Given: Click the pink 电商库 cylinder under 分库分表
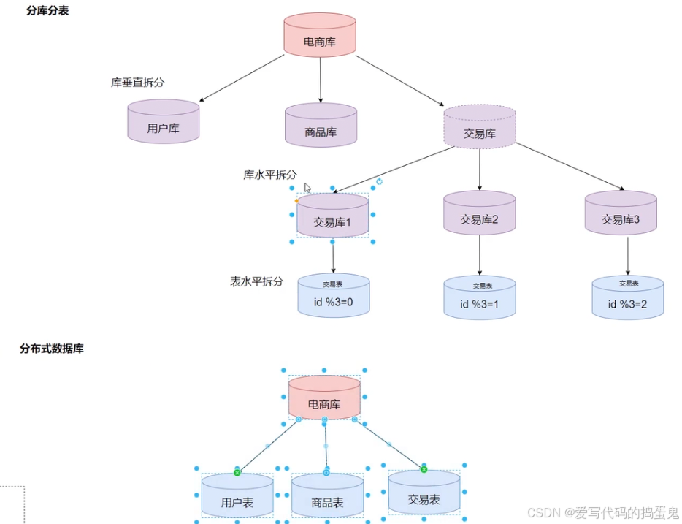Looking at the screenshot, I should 320,35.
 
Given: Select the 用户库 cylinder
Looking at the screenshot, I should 163,122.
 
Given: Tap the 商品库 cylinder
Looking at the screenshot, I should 321,126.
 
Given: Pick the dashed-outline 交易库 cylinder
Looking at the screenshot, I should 480,127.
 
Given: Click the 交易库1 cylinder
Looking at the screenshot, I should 333,216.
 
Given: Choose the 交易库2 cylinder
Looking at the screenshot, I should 480,213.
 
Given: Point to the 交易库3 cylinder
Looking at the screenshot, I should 621,213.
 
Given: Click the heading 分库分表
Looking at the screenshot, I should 47,11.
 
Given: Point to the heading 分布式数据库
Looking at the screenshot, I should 52,349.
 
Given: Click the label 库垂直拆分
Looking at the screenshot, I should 138,83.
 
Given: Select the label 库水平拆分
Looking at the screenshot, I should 270,175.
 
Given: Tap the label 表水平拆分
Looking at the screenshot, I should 256,281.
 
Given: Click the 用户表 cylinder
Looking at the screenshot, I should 237,497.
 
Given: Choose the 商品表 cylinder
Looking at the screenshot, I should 327,497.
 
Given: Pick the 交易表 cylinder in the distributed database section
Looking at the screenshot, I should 424,493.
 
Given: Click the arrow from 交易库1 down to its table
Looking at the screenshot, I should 333,257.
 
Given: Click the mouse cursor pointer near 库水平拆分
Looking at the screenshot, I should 307,187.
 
